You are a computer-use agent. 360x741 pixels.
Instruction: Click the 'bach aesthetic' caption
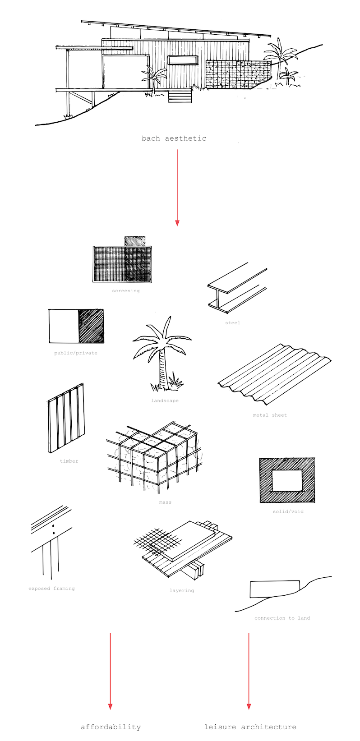click(x=174, y=138)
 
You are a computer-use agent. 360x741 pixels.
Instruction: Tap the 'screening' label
click(x=126, y=291)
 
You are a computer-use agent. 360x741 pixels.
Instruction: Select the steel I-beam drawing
click(x=237, y=288)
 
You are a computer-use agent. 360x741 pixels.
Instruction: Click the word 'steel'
click(x=233, y=322)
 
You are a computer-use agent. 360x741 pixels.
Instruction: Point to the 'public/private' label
click(x=76, y=353)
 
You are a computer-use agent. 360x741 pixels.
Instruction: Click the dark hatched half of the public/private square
click(x=91, y=326)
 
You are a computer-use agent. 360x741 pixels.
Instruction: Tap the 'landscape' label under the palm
click(x=165, y=400)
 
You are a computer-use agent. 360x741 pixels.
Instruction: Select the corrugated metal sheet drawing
click(x=274, y=374)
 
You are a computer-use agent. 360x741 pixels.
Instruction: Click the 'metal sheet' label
click(x=270, y=415)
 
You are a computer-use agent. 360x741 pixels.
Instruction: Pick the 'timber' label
click(x=69, y=461)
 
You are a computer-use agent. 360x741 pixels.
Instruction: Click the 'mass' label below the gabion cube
click(x=165, y=502)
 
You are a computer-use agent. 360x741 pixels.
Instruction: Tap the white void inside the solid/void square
click(x=287, y=480)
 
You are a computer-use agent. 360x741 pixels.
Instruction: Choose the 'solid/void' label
click(x=288, y=511)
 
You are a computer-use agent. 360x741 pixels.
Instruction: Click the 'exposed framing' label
click(x=51, y=589)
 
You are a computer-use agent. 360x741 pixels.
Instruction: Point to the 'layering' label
click(x=182, y=590)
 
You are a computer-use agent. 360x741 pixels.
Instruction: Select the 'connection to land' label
click(x=282, y=618)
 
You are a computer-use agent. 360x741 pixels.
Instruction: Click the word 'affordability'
click(x=111, y=727)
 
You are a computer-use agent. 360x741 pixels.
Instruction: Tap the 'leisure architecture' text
click(x=250, y=727)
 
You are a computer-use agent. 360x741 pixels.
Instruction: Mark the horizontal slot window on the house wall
click(x=183, y=60)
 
